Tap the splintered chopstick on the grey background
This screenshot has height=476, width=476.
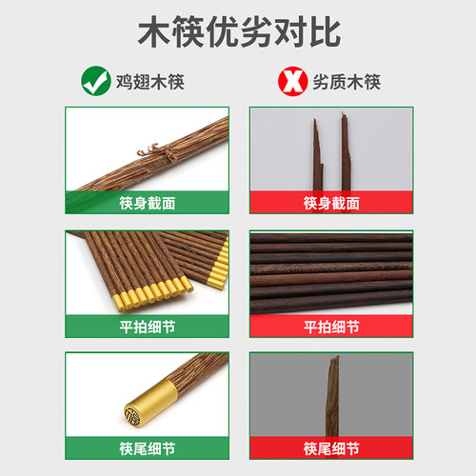pyautogui.click(x=333, y=395)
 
